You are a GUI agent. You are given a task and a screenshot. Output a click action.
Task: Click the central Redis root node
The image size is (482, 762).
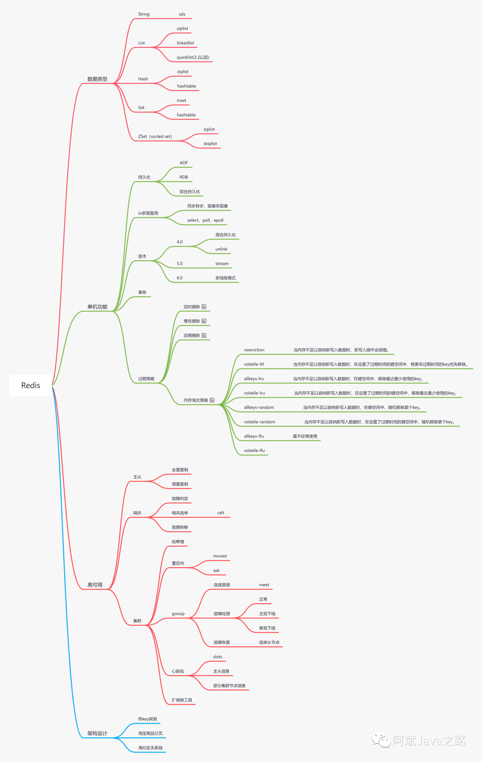(31, 385)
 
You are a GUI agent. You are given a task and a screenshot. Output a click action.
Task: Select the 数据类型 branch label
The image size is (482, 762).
(97, 79)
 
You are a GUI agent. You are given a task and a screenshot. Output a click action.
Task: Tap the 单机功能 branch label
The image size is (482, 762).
(97, 307)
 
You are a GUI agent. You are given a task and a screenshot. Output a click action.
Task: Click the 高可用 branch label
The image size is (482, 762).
(95, 585)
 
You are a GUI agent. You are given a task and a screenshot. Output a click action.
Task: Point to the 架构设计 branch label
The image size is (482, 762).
(97, 733)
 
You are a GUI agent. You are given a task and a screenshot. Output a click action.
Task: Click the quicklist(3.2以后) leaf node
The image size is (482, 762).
(193, 58)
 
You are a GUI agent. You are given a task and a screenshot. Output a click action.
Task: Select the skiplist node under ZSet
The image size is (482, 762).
(210, 144)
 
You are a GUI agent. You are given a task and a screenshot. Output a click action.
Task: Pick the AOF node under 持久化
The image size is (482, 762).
(184, 163)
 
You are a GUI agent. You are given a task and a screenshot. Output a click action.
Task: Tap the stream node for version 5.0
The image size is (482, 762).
(222, 264)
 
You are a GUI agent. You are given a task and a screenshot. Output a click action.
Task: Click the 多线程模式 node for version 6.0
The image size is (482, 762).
(225, 278)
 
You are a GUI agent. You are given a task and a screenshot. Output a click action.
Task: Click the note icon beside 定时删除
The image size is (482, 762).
(204, 307)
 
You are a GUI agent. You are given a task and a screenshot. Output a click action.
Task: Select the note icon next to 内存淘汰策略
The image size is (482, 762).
(212, 400)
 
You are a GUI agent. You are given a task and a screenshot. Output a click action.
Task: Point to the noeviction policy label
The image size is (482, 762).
(254, 350)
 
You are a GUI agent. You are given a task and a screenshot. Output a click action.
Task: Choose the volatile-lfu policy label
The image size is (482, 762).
(254, 451)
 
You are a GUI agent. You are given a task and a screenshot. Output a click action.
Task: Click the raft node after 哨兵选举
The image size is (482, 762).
(220, 513)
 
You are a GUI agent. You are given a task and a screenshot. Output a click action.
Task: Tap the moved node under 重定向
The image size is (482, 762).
(220, 557)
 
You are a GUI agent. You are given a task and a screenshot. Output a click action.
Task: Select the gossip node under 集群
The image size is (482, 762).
(178, 614)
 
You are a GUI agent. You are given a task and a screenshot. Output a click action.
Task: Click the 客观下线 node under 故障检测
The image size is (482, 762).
(267, 628)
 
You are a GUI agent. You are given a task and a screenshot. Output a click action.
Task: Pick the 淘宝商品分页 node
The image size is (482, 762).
(150, 733)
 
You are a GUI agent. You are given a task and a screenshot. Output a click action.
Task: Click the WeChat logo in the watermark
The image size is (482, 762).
(382, 741)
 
